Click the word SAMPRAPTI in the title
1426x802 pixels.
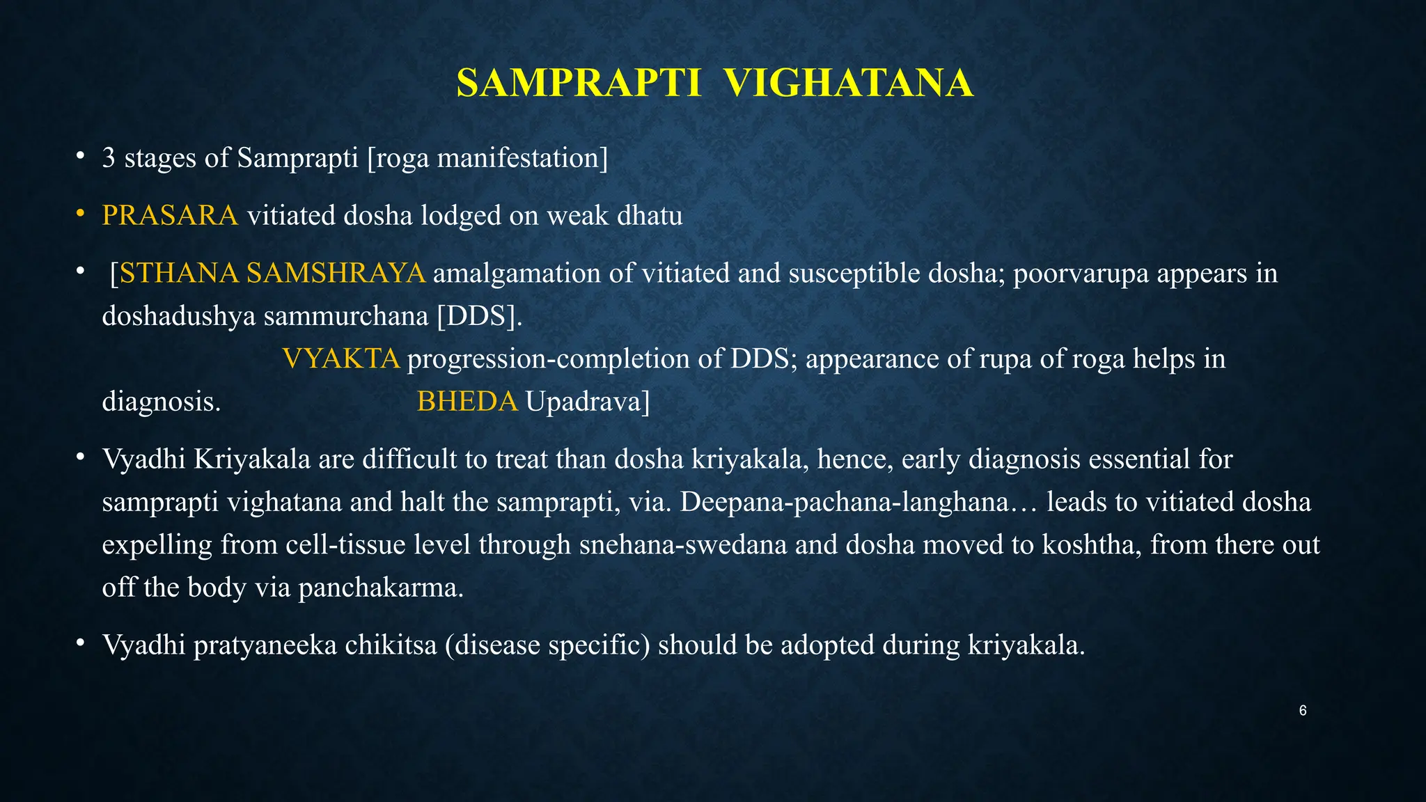click(579, 84)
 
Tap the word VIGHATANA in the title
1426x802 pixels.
click(848, 84)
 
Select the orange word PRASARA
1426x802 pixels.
click(170, 216)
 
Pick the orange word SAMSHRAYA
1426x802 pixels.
click(336, 273)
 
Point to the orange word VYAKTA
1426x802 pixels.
click(341, 359)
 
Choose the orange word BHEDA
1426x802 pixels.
click(467, 402)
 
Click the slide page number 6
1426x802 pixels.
click(1303, 711)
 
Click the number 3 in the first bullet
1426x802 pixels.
click(109, 159)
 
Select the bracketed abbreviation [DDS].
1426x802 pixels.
click(479, 317)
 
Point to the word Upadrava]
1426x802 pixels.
click(587, 402)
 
